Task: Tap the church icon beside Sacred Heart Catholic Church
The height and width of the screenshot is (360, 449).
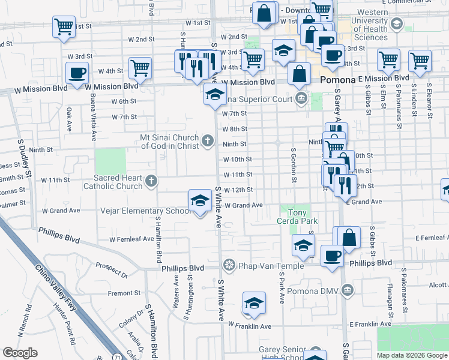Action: tap(152, 181)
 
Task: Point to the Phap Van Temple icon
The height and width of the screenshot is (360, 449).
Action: tap(229, 265)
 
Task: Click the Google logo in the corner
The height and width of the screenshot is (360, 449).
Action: tap(20, 353)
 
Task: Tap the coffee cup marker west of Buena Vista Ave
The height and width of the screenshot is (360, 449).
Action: tap(77, 74)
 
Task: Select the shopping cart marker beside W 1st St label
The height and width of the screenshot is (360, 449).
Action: tap(64, 27)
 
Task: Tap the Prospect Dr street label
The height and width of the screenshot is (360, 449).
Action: tap(112, 271)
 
